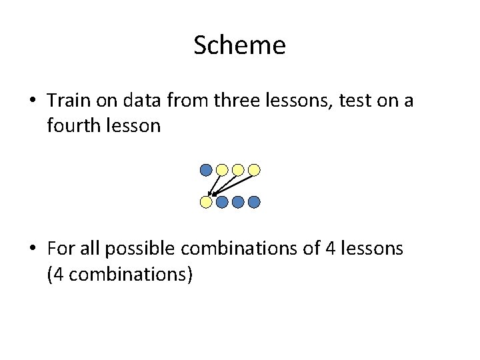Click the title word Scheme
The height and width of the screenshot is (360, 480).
[239, 45]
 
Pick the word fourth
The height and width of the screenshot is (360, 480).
[74, 125]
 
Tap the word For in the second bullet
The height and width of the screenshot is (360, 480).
[60, 249]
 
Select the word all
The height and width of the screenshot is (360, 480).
[90, 249]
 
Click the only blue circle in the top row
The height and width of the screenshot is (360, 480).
[207, 170]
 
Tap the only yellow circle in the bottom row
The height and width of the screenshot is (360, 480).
[207, 201]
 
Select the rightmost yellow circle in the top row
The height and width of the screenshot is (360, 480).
[254, 170]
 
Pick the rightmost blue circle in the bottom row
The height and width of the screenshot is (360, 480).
[254, 201]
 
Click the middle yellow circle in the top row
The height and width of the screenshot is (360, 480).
[238, 170]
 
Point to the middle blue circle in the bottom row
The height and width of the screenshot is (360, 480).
[238, 201]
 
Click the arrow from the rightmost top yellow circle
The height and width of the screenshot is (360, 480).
[233, 184]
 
